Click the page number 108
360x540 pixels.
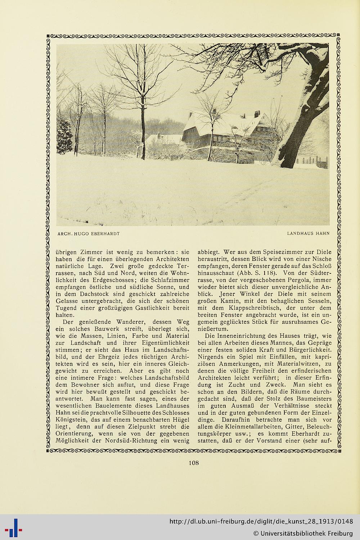pos(194,463)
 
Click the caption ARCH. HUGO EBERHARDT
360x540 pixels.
pos(88,233)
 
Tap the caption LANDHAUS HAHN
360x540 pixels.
pos(308,233)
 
